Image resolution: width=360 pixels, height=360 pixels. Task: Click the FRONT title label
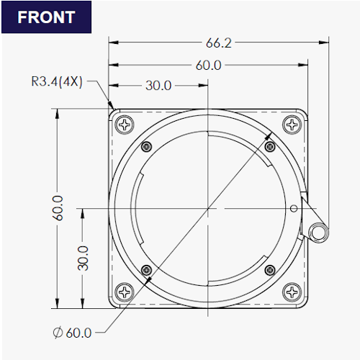pos(46,17)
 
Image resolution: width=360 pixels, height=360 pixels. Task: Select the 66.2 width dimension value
pos(219,43)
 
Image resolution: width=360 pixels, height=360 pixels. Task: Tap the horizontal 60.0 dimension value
pos(208,66)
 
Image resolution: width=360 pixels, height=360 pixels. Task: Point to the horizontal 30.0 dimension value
pos(158,86)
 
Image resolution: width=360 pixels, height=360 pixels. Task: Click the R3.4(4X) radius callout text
pos(57,81)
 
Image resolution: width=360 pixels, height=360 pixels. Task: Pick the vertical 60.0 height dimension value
pos(58,208)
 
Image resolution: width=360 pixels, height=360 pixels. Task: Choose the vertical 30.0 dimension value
pos(83,258)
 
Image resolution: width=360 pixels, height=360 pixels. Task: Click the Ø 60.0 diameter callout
pos(72,333)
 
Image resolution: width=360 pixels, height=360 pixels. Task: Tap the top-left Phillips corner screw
pos(125,125)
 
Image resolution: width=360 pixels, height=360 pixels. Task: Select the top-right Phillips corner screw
pos(292,125)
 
